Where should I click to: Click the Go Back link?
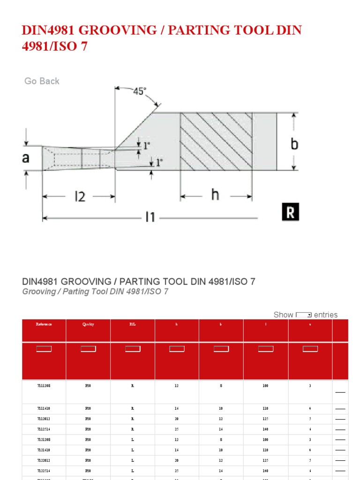(42, 81)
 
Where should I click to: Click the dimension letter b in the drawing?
(294, 144)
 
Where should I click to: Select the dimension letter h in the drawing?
(215, 195)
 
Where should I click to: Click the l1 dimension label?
(150, 217)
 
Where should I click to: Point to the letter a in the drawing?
(26, 158)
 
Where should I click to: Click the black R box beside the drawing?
(290, 212)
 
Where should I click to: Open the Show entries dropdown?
(304, 315)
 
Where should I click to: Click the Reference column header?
(44, 324)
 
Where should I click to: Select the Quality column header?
(88, 324)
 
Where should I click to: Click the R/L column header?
(133, 324)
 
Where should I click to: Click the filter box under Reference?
(44, 349)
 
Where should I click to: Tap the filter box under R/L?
(133, 349)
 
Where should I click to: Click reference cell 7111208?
(44, 386)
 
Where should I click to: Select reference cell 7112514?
(44, 429)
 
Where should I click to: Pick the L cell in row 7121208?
(133, 439)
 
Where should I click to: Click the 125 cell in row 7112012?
(265, 419)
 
